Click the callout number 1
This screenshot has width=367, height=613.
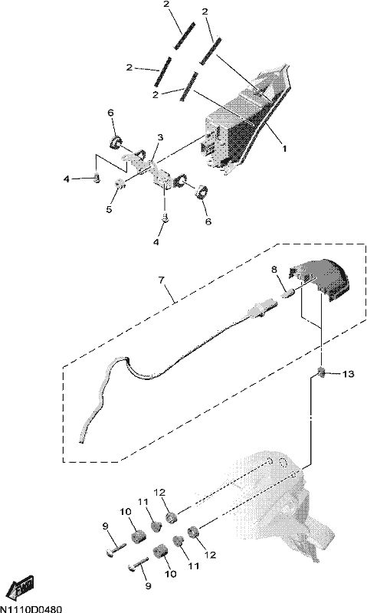(284, 149)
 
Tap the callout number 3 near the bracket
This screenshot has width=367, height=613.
(160, 138)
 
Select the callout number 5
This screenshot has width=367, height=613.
(109, 209)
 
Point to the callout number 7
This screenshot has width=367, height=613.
(162, 280)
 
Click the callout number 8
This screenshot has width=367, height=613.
(274, 270)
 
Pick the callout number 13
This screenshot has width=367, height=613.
(348, 374)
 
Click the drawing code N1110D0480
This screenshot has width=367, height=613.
(31, 609)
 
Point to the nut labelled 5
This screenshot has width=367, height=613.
(120, 183)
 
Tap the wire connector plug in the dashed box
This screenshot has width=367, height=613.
(258, 309)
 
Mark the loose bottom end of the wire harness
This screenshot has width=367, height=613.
(81, 442)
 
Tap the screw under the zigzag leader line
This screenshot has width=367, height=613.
(97, 179)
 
